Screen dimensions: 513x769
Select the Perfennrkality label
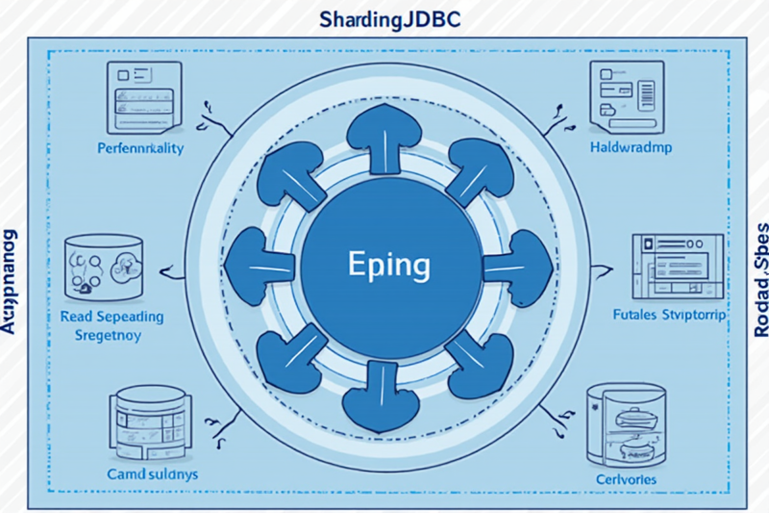pyautogui.click(x=140, y=149)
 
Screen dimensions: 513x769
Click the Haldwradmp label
pyautogui.click(x=630, y=149)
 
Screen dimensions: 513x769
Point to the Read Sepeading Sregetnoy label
pyautogui.click(x=112, y=326)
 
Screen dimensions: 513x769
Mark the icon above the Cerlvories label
pyautogui.click(x=625, y=423)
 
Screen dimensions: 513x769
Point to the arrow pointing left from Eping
pyautogui.click(x=260, y=264)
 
